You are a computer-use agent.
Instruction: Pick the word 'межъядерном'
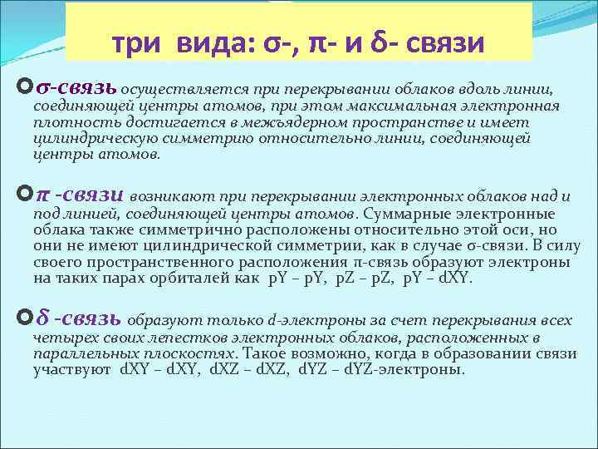pos(296,123)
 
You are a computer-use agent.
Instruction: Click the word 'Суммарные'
pos(403,215)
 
